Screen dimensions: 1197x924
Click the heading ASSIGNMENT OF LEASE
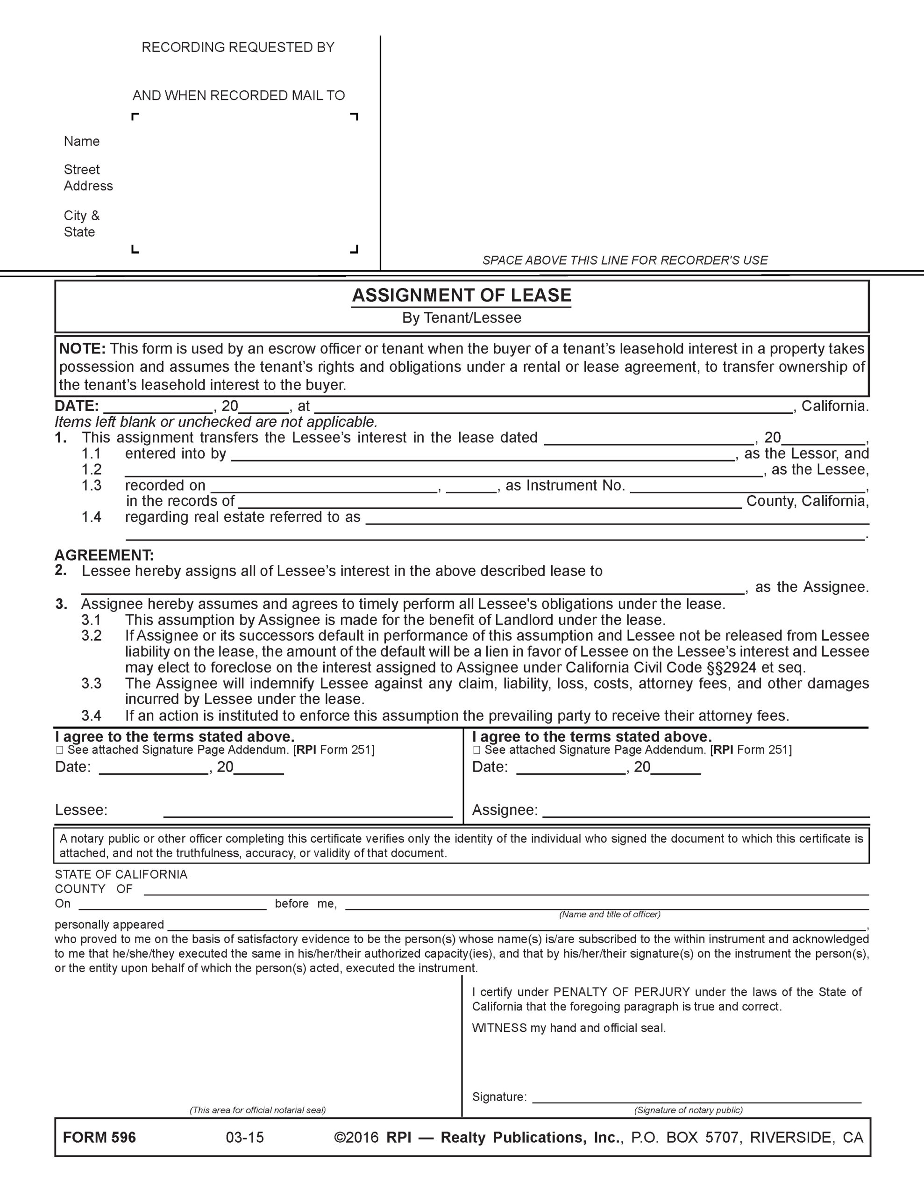point(461,296)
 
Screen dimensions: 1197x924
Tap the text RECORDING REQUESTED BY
point(238,47)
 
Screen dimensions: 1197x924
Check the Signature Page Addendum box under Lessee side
point(60,750)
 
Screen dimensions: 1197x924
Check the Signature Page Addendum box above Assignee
point(476,750)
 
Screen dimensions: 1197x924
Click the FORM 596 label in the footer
point(99,1137)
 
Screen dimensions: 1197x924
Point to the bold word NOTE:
point(82,348)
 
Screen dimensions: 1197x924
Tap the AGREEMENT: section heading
point(104,555)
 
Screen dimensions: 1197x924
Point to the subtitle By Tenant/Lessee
point(461,318)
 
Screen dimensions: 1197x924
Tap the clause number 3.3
point(92,684)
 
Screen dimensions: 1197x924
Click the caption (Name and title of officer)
point(610,914)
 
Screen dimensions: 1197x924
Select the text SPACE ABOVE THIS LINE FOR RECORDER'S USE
point(625,260)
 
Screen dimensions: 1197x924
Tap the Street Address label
point(88,178)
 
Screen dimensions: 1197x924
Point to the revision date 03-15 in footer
point(245,1137)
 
